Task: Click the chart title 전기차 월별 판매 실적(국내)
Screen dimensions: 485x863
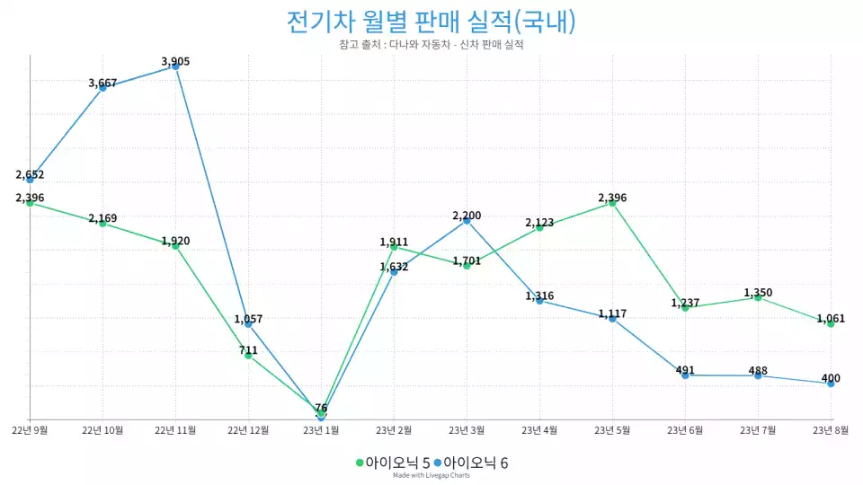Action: pos(431,21)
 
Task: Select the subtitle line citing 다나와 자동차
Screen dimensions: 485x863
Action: pos(431,44)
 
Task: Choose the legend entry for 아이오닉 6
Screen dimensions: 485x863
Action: pos(470,463)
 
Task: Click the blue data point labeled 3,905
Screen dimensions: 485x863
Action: pos(176,66)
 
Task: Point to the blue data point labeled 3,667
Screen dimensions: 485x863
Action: pos(103,87)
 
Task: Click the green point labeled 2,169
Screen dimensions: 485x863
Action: pos(103,223)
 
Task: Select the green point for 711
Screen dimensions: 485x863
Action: pos(249,356)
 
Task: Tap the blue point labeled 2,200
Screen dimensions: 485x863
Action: pos(467,220)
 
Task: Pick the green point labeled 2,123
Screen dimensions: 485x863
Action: pos(539,227)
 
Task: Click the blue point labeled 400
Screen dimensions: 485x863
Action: pos(831,384)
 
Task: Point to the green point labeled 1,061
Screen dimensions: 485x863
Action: pos(831,323)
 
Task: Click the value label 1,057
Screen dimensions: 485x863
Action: pos(248,319)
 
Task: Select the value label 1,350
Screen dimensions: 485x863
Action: pos(758,293)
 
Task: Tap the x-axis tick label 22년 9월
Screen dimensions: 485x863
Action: pos(30,430)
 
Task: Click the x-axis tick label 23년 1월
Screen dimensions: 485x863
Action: pos(321,430)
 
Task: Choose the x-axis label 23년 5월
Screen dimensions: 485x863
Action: pos(612,430)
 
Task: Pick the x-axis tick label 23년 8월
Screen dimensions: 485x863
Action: pos(831,430)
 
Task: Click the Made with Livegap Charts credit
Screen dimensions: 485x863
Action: pos(431,476)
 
